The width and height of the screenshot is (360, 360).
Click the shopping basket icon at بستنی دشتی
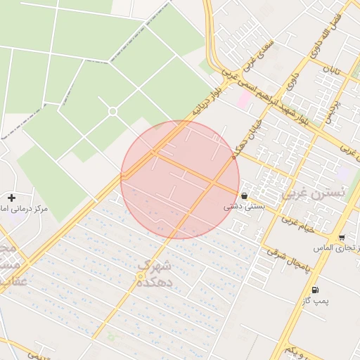point(244,195)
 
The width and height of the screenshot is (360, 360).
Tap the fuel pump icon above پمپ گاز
point(314,290)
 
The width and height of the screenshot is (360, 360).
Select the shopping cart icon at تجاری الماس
point(342,238)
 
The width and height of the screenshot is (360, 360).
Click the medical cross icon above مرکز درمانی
point(11,198)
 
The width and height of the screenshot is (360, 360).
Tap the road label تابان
point(331,70)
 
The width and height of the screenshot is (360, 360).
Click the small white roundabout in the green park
point(112,111)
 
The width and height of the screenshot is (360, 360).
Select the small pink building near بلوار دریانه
point(243,101)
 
